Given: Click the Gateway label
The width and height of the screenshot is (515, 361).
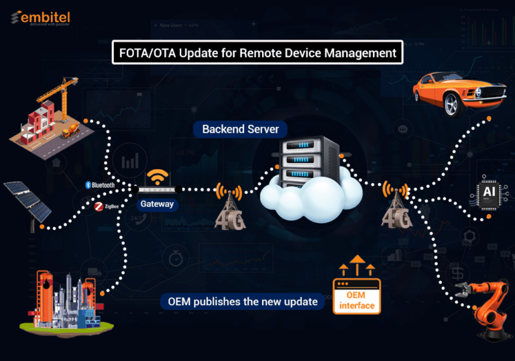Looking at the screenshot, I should (157, 204).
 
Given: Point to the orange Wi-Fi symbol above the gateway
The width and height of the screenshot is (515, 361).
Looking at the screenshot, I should (158, 176).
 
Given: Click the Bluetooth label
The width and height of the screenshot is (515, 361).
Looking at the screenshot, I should (100, 185).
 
